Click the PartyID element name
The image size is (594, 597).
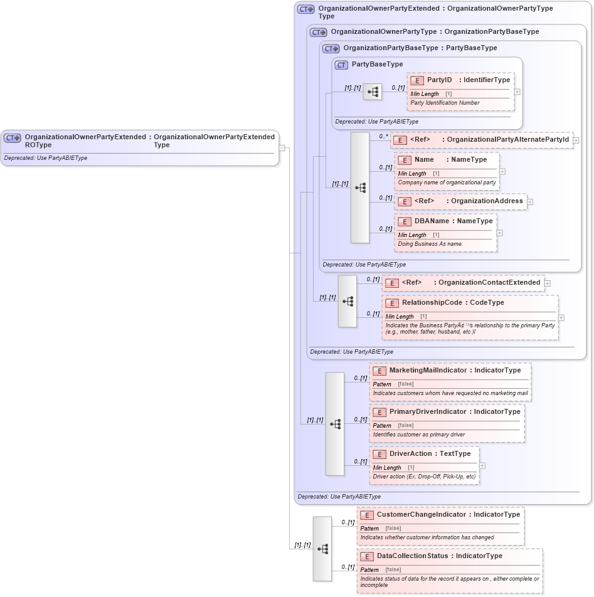[x=439, y=80]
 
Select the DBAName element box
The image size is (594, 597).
[x=445, y=233]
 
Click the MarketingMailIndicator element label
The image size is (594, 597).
[x=429, y=371]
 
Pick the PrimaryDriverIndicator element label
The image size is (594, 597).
[x=427, y=412]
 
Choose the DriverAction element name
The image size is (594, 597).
[x=410, y=454]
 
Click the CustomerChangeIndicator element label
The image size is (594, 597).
[x=423, y=515]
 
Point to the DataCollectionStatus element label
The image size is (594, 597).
[x=412, y=556]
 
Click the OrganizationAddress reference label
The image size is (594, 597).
[x=487, y=201]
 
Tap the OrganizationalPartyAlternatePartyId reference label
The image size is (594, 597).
[x=507, y=139]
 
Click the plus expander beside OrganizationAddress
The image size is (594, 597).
[x=530, y=202]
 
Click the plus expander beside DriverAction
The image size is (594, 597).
[x=482, y=465]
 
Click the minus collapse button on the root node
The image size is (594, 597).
[x=282, y=148]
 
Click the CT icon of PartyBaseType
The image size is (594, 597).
[x=341, y=65]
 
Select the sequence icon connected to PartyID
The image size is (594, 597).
[x=373, y=92]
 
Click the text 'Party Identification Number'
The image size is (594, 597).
[x=445, y=103]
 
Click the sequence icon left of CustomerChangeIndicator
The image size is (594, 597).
[x=322, y=549]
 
